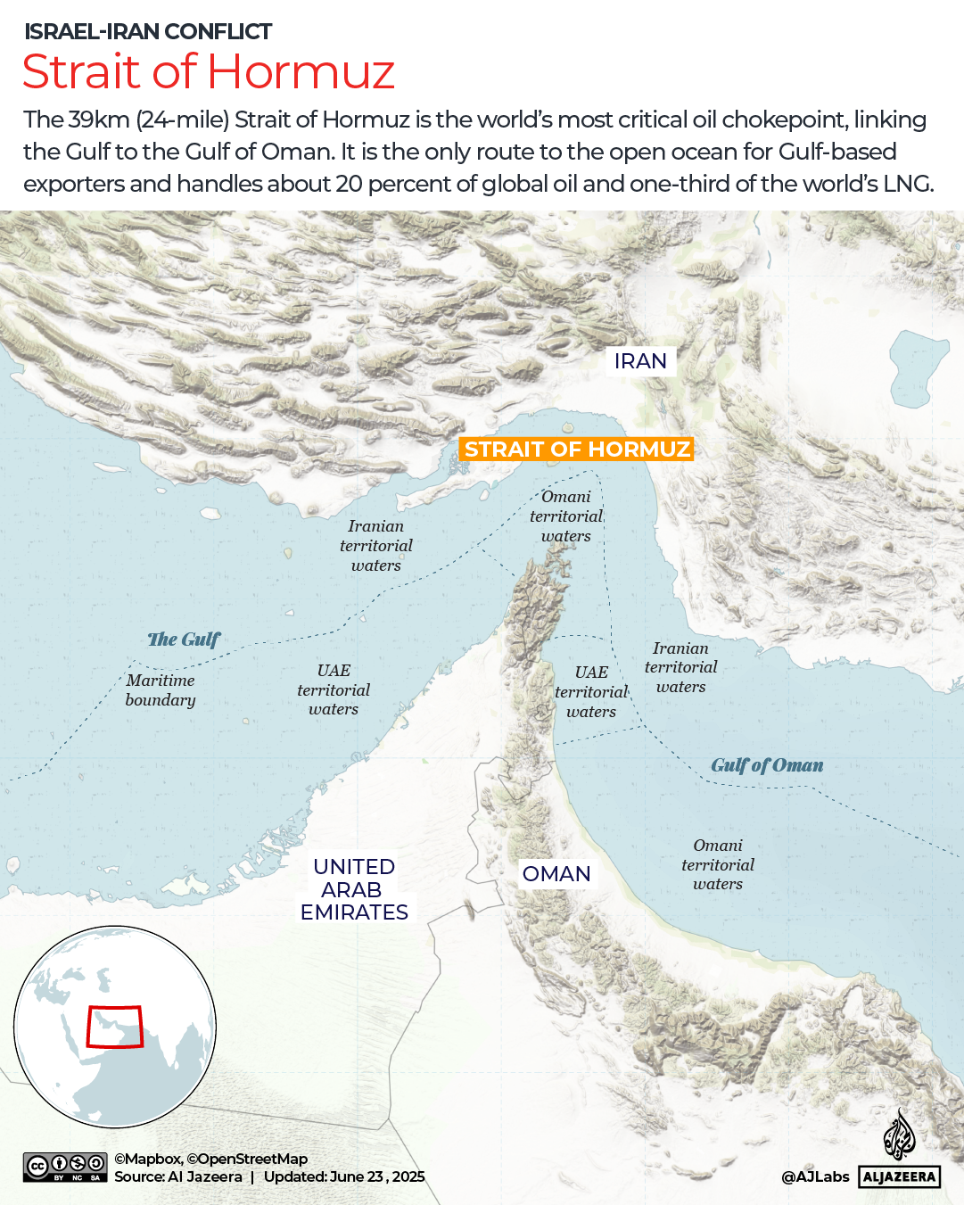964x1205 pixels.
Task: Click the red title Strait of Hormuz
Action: coord(209,72)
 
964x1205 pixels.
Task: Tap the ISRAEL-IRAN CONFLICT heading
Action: coord(148,32)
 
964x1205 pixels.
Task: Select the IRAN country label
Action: coord(640,361)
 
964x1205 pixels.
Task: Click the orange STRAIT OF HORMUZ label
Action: coord(577,449)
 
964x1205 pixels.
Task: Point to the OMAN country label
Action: coord(556,874)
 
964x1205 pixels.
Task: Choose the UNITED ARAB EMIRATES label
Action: coord(354,889)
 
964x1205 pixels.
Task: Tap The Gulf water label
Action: coord(184,640)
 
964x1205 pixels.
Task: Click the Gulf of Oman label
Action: coord(767,765)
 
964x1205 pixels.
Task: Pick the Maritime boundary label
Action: coord(161,690)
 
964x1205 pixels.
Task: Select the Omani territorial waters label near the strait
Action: coord(566,516)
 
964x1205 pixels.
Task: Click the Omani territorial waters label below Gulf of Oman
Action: coord(718,864)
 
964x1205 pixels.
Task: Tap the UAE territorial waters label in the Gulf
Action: coord(334,689)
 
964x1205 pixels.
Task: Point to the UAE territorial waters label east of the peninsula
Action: coord(591,691)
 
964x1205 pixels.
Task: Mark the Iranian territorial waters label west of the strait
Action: coord(376,546)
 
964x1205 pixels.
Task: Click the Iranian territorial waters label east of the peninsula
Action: coord(680,667)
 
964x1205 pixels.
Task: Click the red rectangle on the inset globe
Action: coord(114,1027)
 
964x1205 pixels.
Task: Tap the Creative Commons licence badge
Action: coord(65,1168)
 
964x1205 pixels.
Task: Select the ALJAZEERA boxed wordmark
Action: coord(899,1176)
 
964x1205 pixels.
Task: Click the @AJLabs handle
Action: coord(815,1176)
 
